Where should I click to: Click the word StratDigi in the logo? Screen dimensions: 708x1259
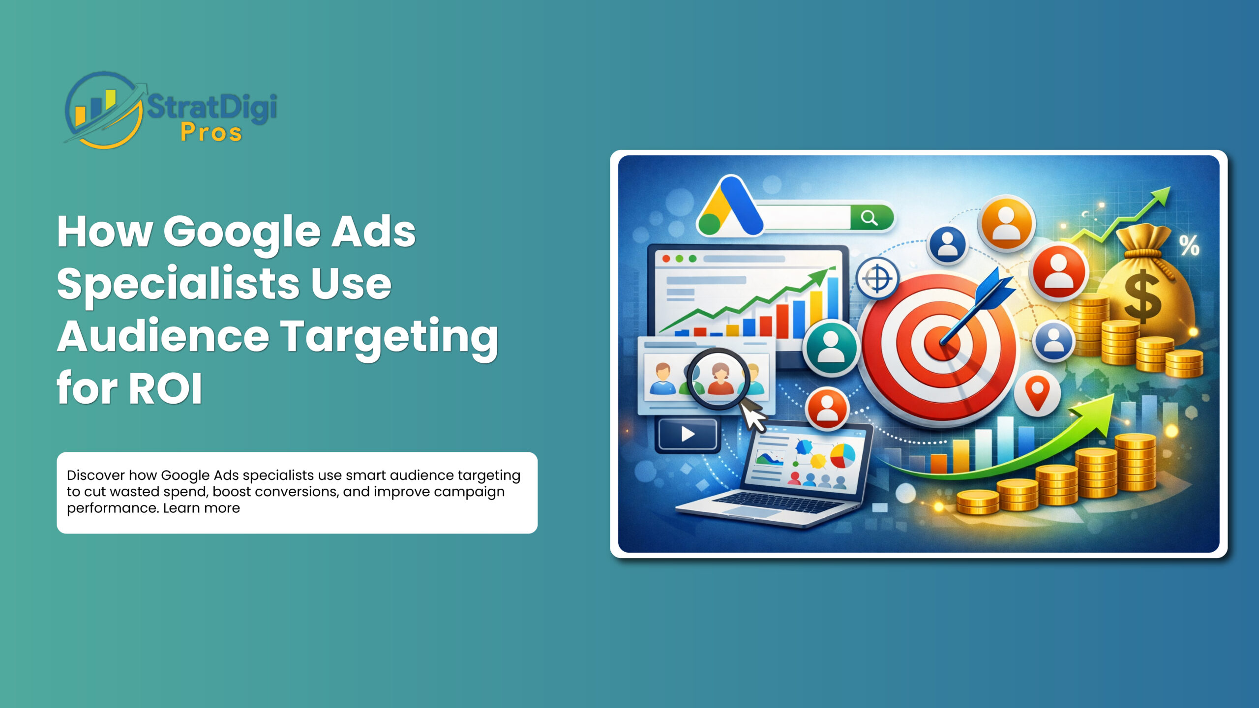pyautogui.click(x=211, y=107)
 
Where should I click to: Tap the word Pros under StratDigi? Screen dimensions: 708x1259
pyautogui.click(x=211, y=133)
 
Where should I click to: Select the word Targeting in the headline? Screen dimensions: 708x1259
pyautogui.click(x=389, y=337)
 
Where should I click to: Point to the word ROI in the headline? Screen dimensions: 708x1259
pyautogui.click(x=165, y=388)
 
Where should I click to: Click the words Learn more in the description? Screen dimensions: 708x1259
pyautogui.click(x=201, y=508)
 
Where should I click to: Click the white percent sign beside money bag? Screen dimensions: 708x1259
pyautogui.click(x=1189, y=245)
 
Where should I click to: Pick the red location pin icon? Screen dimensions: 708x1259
pyautogui.click(x=1037, y=393)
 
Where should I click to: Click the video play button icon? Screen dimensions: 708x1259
pyautogui.click(x=688, y=434)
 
